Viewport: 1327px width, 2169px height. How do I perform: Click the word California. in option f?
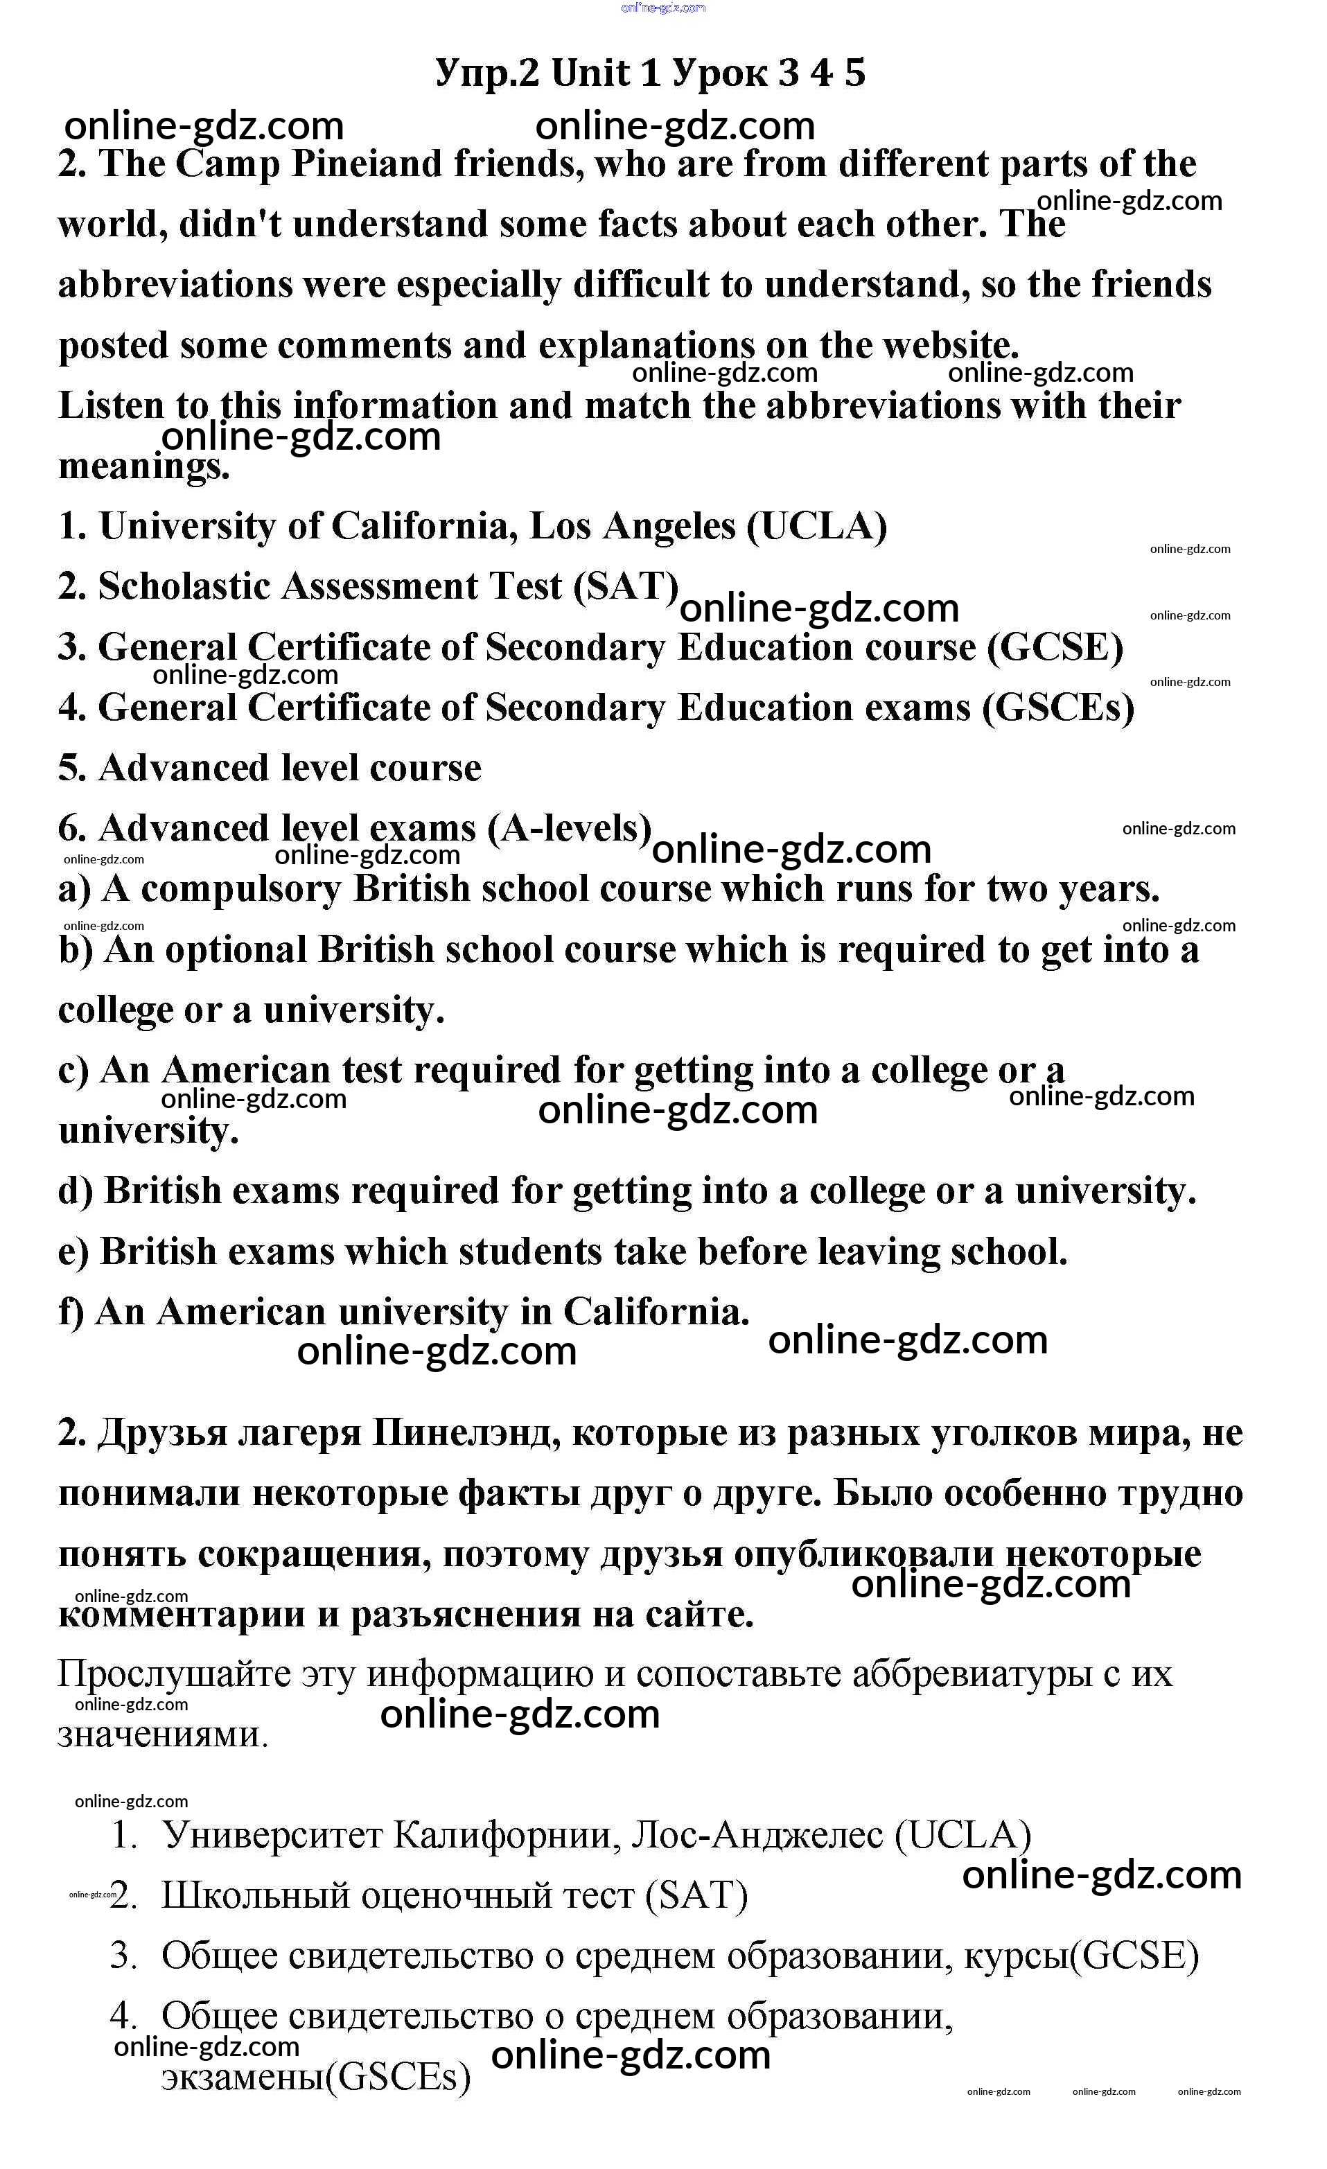(656, 1312)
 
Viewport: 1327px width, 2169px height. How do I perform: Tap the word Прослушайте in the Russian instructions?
(173, 1674)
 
